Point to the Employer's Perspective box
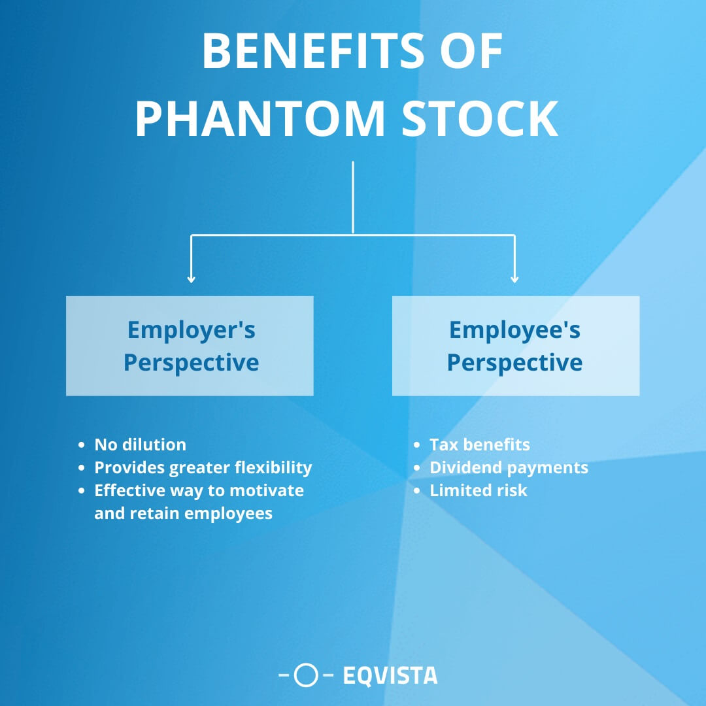[190, 346]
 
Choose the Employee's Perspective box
[515, 346]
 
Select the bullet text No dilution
[140, 445]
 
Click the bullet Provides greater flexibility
[203, 467]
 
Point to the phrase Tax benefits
[479, 445]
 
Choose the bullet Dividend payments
[509, 467]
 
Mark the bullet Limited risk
[478, 490]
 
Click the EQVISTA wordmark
[390, 675]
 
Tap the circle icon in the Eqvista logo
[306, 675]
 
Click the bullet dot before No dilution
[82, 445]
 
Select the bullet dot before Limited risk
[417, 491]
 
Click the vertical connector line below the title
[353, 196]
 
